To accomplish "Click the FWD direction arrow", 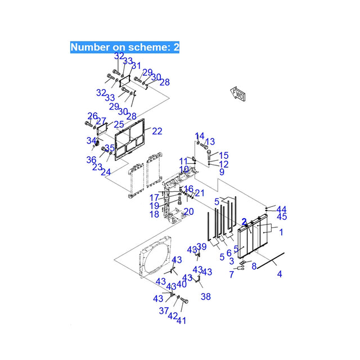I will pyautogui.click(x=238, y=95).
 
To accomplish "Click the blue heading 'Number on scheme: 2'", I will pyautogui.click(x=125, y=47).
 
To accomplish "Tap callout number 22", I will pyautogui.click(x=157, y=131).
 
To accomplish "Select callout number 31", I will pyautogui.click(x=136, y=66).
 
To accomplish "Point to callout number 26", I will pyautogui.click(x=92, y=116).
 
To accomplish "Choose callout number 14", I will pyautogui.click(x=200, y=136).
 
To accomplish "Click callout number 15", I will pyautogui.click(x=224, y=155).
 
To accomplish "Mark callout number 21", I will pyautogui.click(x=200, y=193).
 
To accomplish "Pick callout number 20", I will pyautogui.click(x=188, y=211).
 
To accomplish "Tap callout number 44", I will pyautogui.click(x=281, y=209).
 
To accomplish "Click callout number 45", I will pyautogui.click(x=282, y=217).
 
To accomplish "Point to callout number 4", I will pyautogui.click(x=280, y=274).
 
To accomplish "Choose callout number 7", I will pyautogui.click(x=231, y=274).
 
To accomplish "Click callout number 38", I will pyautogui.click(x=205, y=296).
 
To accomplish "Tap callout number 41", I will pyautogui.click(x=181, y=321).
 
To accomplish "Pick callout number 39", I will pyautogui.click(x=201, y=247).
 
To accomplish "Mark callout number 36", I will pyautogui.click(x=91, y=160).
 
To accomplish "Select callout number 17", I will pyautogui.click(x=154, y=197).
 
